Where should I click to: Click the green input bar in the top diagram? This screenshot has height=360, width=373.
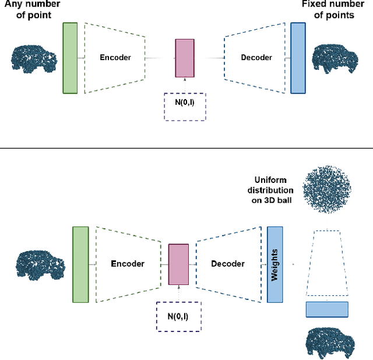tap(70, 58)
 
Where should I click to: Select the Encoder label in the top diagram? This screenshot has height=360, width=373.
tap(115, 58)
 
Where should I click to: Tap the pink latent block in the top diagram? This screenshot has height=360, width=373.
tap(184, 58)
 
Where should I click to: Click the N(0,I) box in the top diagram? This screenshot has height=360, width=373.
tap(184, 107)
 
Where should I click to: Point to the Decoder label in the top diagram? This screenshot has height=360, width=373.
tap(256, 58)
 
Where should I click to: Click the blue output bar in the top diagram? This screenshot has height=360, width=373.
tap(298, 58)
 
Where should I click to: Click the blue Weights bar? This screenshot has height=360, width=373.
tap(275, 263)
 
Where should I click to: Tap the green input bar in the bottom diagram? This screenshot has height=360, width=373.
tap(80, 264)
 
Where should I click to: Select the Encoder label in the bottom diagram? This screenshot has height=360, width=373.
tap(128, 264)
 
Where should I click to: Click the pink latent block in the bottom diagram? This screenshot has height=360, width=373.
tap(178, 264)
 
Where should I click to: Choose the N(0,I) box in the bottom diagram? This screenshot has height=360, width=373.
tap(178, 316)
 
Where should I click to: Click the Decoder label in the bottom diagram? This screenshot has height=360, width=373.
tap(228, 264)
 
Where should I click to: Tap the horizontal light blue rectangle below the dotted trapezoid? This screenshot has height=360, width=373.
tap(326, 309)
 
